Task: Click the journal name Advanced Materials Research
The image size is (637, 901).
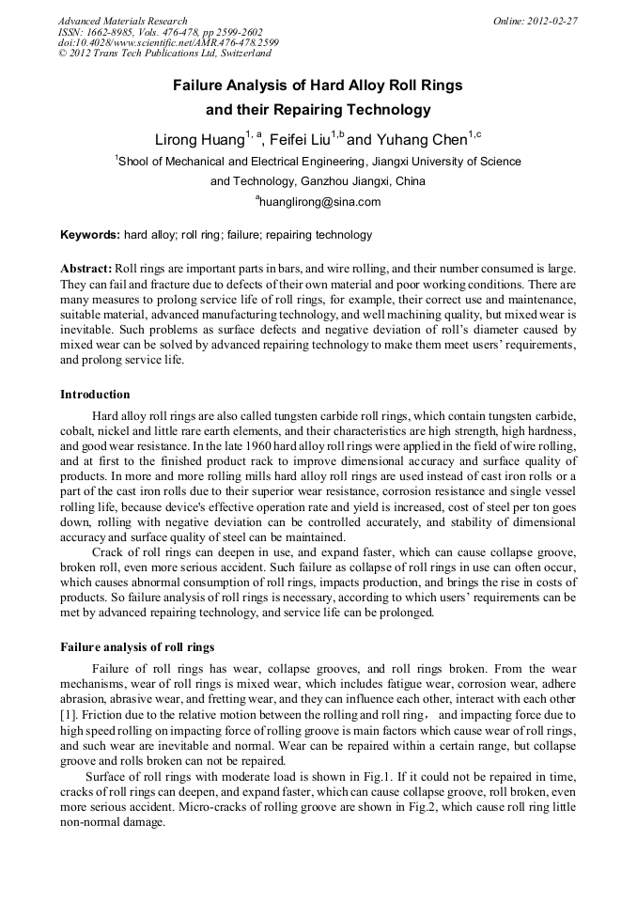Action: (122, 21)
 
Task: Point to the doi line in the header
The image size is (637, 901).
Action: (168, 43)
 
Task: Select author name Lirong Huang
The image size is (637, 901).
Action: (198, 140)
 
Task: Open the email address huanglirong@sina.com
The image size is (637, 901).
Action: (319, 202)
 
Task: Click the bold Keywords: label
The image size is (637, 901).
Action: (90, 235)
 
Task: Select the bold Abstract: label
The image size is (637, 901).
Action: (86, 270)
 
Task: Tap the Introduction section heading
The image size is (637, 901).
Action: (95, 394)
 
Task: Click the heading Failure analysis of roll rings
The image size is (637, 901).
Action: (137, 647)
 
